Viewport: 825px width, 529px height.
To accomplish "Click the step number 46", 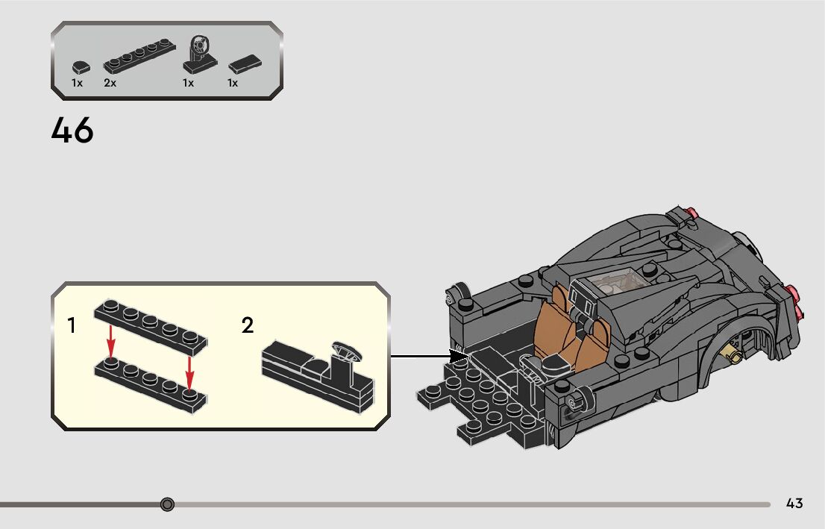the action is tap(72, 131).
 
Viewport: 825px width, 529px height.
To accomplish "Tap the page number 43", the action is tap(794, 504).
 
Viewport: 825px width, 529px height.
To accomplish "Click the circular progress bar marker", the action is tap(167, 505).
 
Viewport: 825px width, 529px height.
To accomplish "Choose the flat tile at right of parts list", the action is tap(244, 63).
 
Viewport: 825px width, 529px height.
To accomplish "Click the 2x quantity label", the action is tap(110, 83).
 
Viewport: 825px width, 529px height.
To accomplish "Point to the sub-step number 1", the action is tap(72, 325).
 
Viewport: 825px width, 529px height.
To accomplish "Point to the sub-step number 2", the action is tap(248, 325).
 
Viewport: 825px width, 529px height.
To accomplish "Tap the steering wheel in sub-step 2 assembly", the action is tap(345, 349).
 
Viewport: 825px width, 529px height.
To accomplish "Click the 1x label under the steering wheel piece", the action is tap(188, 83).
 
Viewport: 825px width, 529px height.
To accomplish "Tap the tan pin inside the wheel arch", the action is tap(737, 357).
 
